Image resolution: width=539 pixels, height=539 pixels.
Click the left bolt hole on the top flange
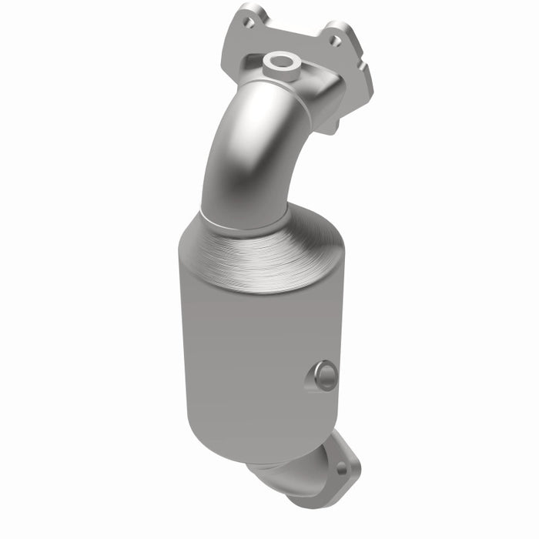click(249, 23)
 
